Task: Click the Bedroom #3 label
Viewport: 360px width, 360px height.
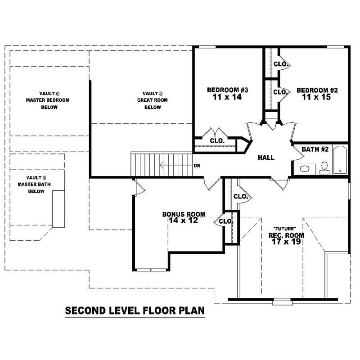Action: click(228, 90)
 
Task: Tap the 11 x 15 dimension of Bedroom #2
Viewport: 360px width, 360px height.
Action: click(317, 97)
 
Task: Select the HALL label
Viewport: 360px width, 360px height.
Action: click(266, 157)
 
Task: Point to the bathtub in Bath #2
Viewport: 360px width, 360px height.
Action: click(340, 160)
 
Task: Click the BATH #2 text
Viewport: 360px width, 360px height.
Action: click(315, 149)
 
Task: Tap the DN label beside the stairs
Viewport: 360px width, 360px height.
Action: click(197, 166)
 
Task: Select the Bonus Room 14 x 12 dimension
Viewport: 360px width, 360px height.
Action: click(184, 220)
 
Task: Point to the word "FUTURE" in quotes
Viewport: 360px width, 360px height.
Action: click(285, 228)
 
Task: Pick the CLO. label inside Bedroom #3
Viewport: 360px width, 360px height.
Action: click(217, 141)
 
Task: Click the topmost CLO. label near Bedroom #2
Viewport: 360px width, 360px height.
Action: click(280, 64)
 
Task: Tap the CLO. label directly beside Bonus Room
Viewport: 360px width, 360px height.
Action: click(226, 221)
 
